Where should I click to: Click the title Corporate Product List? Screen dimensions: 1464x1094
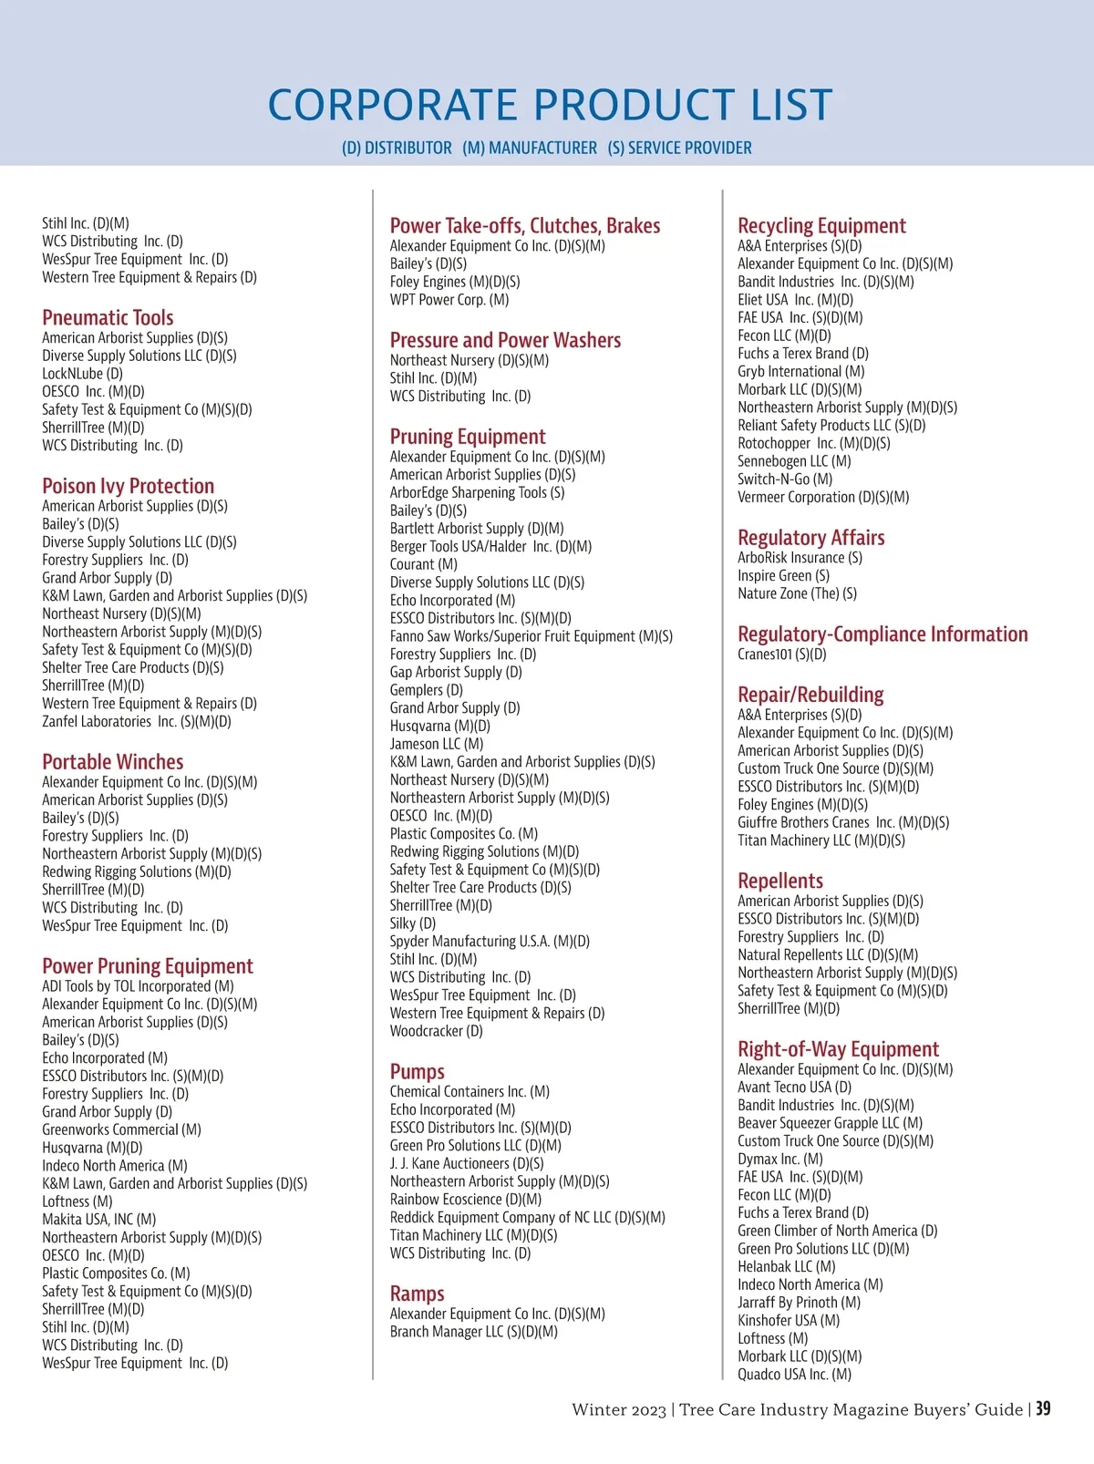(550, 105)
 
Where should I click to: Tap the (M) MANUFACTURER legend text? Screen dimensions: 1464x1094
(530, 148)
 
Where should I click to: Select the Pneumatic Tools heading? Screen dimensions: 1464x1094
(108, 317)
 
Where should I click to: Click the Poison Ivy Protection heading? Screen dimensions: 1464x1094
(128, 486)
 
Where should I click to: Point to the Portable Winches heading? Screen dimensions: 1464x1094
(112, 761)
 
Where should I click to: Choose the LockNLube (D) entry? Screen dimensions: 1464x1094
(82, 374)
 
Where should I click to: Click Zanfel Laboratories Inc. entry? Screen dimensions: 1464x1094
(137, 722)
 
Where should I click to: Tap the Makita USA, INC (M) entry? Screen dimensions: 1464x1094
(98, 1220)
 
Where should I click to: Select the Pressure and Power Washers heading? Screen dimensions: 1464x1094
(505, 340)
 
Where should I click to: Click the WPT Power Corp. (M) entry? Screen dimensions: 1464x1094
(449, 300)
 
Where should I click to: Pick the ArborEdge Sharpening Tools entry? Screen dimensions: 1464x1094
(477, 493)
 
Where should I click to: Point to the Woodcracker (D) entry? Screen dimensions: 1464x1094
(436, 1032)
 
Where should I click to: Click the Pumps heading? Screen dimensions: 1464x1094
(417, 1071)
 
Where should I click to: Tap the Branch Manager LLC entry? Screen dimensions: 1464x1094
(473, 1332)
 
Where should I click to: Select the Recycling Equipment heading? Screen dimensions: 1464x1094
(821, 225)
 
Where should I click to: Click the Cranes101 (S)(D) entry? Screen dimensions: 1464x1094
(781, 655)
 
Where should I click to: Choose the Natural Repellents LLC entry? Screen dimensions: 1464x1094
(827, 955)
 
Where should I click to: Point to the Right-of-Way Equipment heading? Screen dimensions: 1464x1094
(838, 1049)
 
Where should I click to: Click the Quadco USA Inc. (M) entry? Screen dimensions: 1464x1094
(794, 1375)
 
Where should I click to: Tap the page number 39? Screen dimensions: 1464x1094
(1043, 1409)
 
